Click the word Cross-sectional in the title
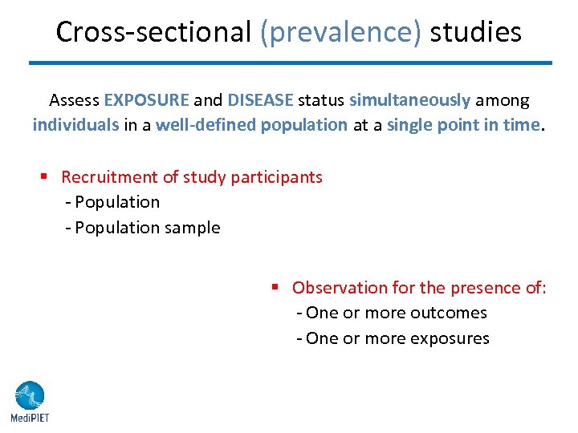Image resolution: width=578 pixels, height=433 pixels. click(153, 32)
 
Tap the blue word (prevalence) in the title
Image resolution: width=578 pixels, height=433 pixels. click(340, 32)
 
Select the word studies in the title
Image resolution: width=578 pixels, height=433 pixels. click(475, 32)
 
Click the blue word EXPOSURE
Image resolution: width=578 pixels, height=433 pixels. click(146, 100)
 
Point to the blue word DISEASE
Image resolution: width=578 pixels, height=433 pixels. click(261, 100)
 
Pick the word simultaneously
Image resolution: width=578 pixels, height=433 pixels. click(409, 100)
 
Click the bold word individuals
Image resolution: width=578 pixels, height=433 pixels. click(75, 126)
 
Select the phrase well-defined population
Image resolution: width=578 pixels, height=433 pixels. click(251, 126)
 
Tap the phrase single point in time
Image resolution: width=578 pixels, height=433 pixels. click(464, 126)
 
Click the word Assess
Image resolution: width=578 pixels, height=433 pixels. click(75, 100)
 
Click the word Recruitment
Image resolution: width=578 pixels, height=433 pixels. click(103, 176)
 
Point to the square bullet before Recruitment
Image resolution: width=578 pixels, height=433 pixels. click(47, 176)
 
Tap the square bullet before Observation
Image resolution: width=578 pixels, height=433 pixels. click(275, 287)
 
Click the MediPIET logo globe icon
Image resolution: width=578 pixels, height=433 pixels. click(29, 395)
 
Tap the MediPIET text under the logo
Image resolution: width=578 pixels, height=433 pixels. click(29, 417)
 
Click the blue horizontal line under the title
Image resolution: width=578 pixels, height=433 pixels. click(290, 63)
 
